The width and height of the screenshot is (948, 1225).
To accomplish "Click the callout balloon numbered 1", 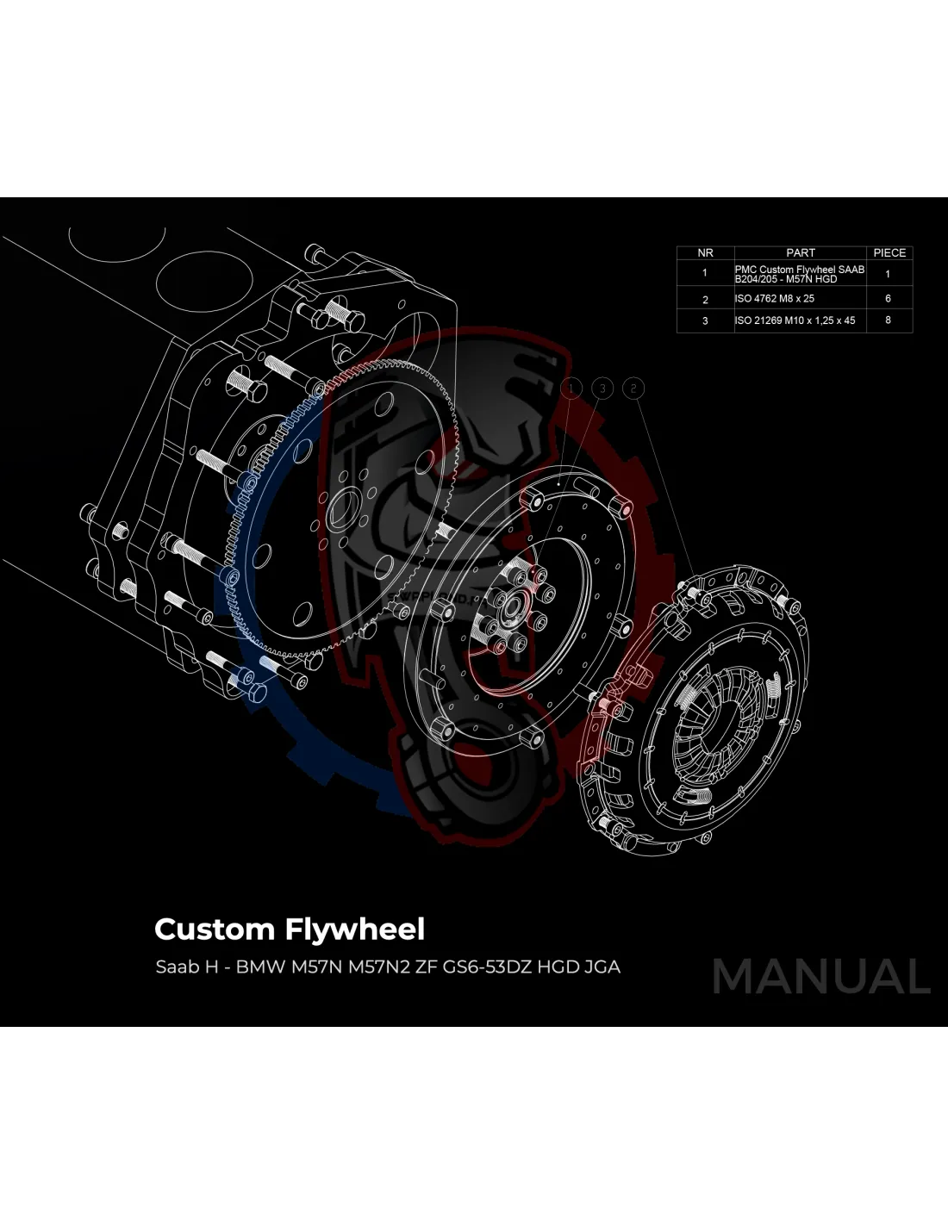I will (x=571, y=389).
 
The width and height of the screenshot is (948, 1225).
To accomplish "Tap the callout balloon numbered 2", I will (x=633, y=389).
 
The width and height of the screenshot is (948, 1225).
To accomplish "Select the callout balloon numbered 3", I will (x=602, y=389).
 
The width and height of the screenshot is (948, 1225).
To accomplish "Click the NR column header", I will (x=705, y=252).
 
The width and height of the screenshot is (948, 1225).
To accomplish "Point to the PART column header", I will (x=800, y=252).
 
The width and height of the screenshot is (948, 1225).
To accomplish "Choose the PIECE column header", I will (x=889, y=252).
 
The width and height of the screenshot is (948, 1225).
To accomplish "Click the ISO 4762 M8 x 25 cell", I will (x=774, y=299).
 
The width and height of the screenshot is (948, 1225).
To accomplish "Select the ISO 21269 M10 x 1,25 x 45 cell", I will (x=795, y=320).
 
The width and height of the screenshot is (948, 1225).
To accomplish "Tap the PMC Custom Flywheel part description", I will (x=799, y=274).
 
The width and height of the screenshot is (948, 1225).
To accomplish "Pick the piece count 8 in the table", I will (x=888, y=320).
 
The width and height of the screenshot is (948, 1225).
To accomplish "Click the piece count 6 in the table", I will (x=888, y=299).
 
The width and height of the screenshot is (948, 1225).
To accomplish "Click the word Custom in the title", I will (x=214, y=930).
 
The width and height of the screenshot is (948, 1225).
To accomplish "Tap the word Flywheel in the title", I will (x=354, y=930).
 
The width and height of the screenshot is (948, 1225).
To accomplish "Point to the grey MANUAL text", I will (x=821, y=977).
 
